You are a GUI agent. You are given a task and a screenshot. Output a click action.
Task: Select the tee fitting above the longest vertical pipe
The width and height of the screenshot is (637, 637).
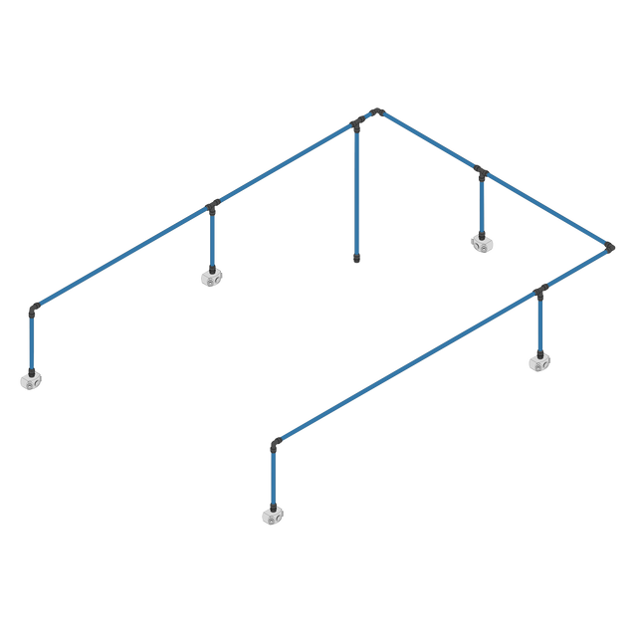coord(357,124)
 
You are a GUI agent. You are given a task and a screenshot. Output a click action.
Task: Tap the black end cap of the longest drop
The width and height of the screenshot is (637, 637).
coord(356,261)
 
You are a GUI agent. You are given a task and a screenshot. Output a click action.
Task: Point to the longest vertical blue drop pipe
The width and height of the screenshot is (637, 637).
coord(356,194)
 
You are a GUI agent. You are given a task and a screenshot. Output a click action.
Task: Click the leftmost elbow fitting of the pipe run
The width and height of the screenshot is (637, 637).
coord(33,309)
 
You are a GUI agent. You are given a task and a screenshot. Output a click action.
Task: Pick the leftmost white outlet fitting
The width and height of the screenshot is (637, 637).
coord(31,379)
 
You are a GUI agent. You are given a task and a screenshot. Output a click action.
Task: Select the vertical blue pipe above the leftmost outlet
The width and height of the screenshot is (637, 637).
coord(32,343)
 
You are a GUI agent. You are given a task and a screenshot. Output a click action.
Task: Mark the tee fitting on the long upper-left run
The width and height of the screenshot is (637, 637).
coord(212,207)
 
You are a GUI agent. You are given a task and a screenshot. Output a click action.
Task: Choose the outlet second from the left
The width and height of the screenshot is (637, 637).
coord(211,277)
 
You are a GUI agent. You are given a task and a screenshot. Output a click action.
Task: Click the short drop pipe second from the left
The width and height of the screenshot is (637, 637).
coord(212,240)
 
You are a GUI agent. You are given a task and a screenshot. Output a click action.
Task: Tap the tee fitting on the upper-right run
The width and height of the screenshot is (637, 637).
coord(482,173)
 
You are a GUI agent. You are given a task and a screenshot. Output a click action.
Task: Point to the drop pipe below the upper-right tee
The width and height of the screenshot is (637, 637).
coord(482,206)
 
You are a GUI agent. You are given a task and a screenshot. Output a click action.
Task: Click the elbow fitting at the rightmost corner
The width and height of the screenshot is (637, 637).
coord(611,245)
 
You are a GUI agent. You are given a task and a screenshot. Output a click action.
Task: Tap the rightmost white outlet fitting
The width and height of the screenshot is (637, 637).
coord(538,360)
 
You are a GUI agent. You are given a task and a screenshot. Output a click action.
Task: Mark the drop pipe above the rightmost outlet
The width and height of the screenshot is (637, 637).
coord(540,324)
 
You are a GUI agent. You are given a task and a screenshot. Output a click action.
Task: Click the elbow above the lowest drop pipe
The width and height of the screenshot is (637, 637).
coord(272,444)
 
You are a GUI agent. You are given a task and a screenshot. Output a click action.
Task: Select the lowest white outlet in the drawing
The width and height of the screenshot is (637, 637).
coord(271,515)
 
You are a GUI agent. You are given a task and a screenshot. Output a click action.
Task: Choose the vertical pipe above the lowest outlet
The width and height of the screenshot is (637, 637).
coord(272,479)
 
